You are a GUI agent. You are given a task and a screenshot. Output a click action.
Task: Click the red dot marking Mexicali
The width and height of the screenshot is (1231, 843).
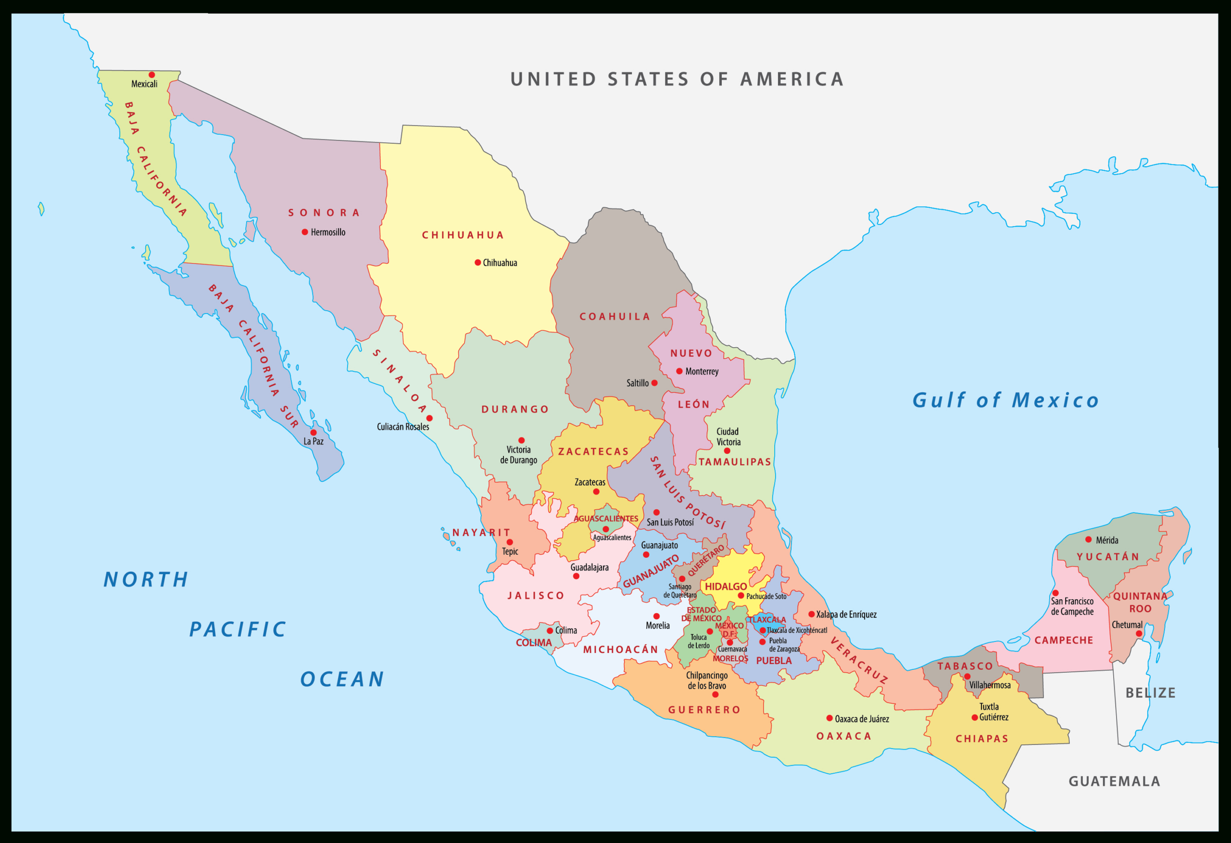point(151,75)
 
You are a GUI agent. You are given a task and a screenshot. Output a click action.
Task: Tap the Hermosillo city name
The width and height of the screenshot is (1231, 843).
point(328,232)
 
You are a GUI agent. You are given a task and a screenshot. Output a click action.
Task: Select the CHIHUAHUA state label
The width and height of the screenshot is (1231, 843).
point(463,235)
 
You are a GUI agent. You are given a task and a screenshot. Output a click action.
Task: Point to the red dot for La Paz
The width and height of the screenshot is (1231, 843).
point(313,432)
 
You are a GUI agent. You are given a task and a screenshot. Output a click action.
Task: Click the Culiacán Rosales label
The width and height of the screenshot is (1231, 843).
point(402,427)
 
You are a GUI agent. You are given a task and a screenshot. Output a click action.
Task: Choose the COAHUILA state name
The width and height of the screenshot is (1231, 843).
point(615,316)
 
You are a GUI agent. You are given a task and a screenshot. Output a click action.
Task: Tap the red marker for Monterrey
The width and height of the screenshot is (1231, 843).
point(679,371)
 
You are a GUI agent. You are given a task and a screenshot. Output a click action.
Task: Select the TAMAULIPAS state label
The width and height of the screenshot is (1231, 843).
point(735,462)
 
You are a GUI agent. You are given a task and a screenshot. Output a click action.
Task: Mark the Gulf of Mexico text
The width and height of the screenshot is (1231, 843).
point(1005,400)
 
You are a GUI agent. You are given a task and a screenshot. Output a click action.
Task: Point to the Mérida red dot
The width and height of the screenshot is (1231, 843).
point(1089,540)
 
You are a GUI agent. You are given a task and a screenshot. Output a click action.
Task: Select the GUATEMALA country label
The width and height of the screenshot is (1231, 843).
point(1115,781)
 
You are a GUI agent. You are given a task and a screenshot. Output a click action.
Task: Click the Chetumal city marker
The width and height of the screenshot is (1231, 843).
point(1139,633)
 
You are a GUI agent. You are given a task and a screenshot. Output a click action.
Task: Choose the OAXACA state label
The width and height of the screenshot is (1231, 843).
point(844,736)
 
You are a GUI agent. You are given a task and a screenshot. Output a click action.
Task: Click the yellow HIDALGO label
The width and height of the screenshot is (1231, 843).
point(726,587)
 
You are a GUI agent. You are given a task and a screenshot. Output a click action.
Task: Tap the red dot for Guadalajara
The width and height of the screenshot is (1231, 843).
point(576,576)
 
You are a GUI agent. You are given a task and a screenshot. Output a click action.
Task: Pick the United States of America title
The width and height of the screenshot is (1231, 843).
point(677,79)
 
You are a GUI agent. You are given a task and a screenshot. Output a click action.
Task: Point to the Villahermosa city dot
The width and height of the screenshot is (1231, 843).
point(967,676)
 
